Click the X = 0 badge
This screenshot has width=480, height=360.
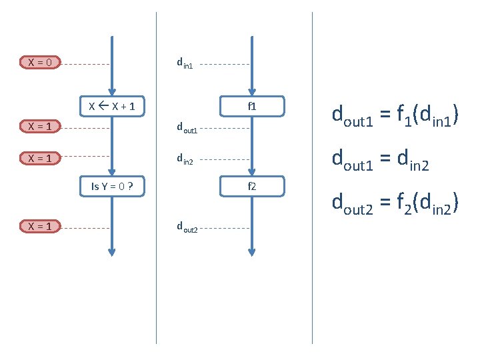click(x=41, y=63)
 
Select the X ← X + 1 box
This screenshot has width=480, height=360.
click(x=112, y=106)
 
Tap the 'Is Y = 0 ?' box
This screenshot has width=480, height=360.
click(x=112, y=186)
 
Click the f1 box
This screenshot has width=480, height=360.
click(x=252, y=106)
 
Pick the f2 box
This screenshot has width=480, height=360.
click(x=252, y=186)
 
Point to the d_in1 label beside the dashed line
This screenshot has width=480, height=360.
click(x=185, y=64)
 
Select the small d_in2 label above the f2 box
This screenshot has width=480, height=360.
click(x=185, y=159)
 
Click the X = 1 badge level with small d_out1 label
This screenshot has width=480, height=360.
click(x=41, y=125)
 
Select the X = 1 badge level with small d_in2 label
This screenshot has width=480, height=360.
click(x=41, y=158)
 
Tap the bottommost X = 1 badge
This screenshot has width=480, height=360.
click(x=41, y=227)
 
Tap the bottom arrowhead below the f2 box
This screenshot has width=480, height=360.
click(x=252, y=253)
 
